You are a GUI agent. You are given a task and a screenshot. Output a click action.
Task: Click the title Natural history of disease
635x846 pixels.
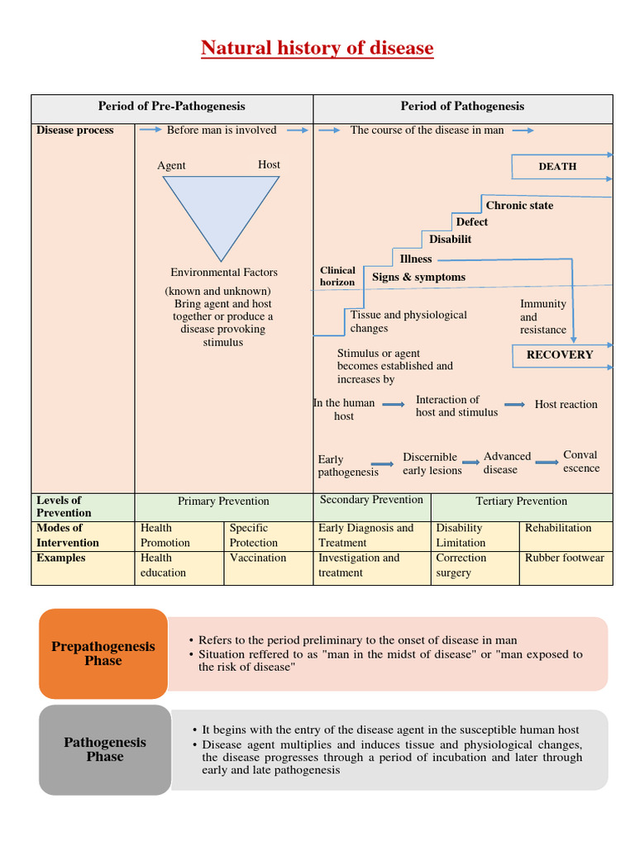[317, 48]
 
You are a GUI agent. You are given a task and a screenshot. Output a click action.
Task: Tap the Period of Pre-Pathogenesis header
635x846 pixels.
[171, 107]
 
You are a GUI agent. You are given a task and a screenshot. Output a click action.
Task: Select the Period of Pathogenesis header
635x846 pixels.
[462, 107]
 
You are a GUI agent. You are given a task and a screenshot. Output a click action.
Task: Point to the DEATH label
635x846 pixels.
[557, 166]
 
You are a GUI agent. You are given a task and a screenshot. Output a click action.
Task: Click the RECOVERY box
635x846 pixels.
[560, 354]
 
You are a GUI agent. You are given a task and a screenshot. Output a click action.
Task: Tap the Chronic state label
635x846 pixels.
[519, 205]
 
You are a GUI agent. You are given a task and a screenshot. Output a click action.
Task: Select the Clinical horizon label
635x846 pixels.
[337, 276]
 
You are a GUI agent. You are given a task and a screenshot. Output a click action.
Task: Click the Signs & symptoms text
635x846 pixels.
[418, 277]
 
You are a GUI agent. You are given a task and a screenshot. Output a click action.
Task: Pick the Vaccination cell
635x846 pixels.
[258, 558]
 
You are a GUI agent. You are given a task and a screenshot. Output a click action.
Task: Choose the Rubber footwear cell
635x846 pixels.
[565, 558]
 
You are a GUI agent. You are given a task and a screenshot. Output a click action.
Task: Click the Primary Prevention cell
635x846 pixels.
[223, 501]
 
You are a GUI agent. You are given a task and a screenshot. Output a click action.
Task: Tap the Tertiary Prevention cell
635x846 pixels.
[522, 501]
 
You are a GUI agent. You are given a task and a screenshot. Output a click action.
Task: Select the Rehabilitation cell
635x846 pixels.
[558, 528]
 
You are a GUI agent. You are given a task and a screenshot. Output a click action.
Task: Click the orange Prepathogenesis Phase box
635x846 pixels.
[103, 654]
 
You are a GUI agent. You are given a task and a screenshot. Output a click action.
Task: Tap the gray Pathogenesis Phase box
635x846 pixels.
[105, 749]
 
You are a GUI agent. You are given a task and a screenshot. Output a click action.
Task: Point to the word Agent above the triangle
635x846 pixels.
[171, 165]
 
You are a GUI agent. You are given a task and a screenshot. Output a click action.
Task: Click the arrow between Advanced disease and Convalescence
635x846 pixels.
[547, 463]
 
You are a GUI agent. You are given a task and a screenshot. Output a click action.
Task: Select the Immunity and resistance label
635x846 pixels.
[543, 316]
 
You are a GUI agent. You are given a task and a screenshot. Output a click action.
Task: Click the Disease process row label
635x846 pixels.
[75, 131]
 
